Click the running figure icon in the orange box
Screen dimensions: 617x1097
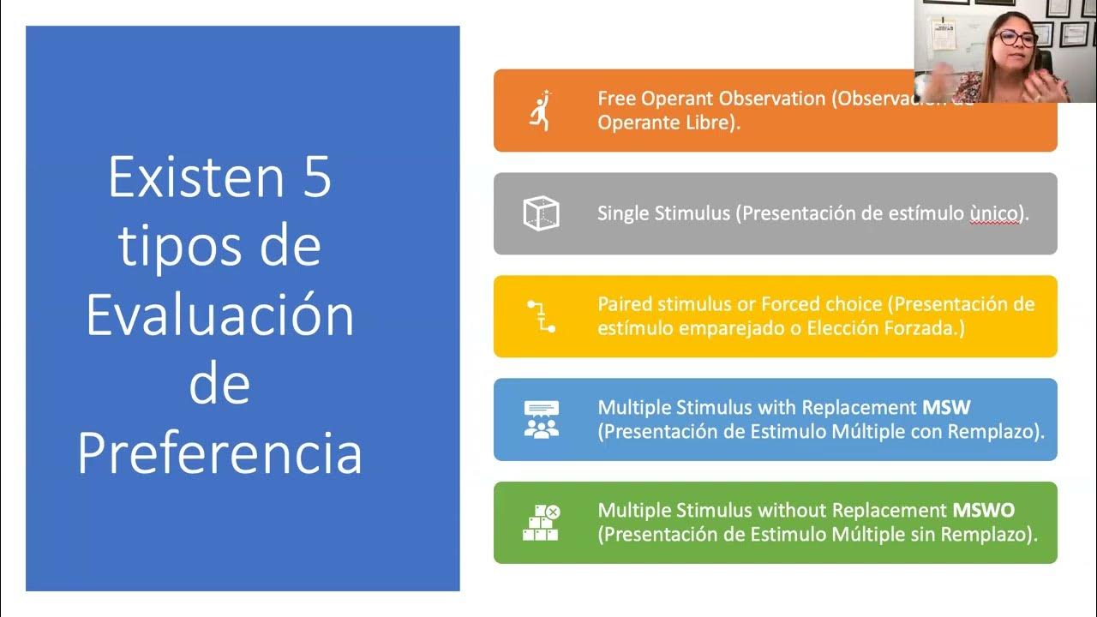point(541,111)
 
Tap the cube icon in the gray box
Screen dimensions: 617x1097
point(541,213)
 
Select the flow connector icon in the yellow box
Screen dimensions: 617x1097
point(541,316)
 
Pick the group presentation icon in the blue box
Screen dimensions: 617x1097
point(541,419)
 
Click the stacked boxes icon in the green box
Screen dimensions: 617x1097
point(541,522)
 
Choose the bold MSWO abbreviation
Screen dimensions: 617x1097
point(983,511)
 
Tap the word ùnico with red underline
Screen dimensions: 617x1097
point(996,213)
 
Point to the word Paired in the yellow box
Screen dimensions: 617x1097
point(624,304)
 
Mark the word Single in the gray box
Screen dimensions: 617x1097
point(623,213)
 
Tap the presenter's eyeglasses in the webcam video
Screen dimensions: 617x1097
point(1016,38)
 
